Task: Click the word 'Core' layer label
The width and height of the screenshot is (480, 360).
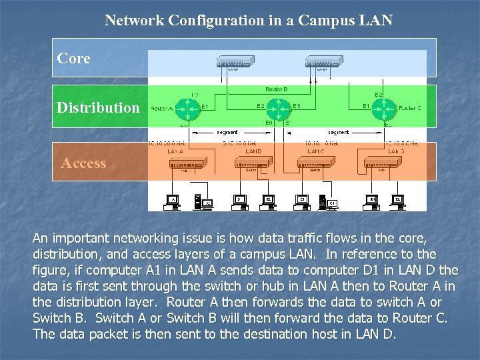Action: pyautogui.click(x=74, y=59)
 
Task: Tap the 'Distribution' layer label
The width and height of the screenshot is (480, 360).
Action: pyautogui.click(x=98, y=107)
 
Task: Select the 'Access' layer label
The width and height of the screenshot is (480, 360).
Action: pyautogui.click(x=84, y=163)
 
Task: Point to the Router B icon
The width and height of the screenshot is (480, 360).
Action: pyautogui.click(x=282, y=107)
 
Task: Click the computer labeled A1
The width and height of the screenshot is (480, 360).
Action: pyautogui.click(x=173, y=199)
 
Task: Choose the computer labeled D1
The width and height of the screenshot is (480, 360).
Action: pyautogui.click(x=373, y=199)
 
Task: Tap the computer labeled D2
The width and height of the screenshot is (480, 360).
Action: pyautogui.click(x=397, y=199)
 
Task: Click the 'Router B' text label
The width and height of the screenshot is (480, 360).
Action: pyautogui.click(x=276, y=89)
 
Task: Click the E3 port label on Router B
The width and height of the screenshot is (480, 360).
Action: pyautogui.click(x=296, y=105)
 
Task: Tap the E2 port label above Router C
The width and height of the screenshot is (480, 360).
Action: pyautogui.click(x=379, y=95)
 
